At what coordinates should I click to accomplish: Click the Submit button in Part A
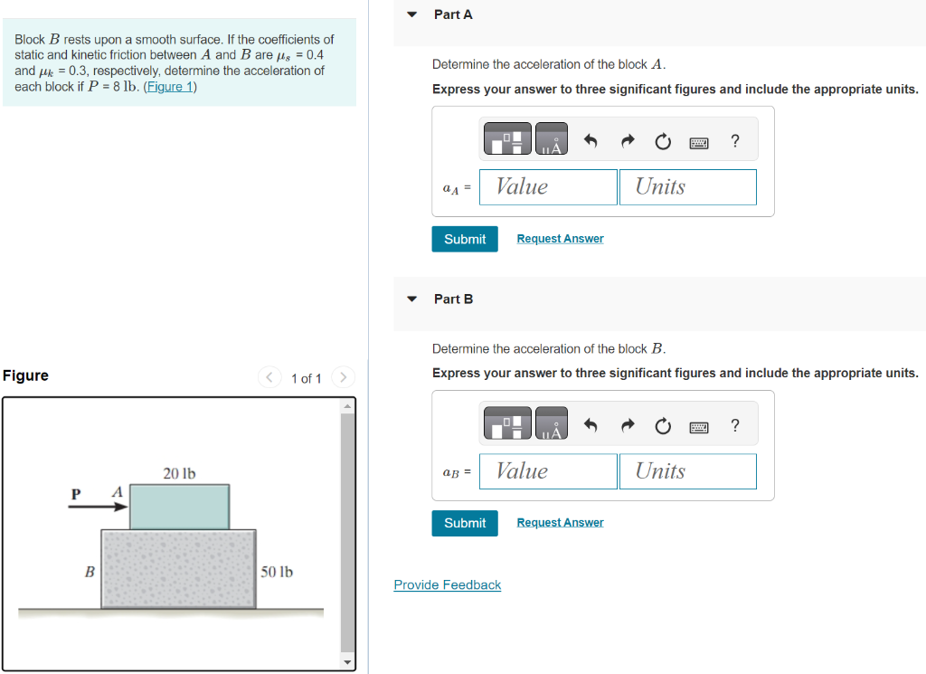point(465,239)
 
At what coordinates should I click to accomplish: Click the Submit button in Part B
point(465,523)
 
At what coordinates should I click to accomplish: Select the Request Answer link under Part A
point(560,239)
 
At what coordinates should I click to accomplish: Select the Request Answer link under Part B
point(560,523)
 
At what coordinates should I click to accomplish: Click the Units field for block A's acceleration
point(687,187)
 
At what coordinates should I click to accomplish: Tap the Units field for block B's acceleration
point(687,471)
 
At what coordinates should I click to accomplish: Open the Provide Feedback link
point(447,585)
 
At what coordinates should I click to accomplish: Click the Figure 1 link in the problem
point(170,87)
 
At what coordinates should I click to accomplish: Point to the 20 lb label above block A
point(179,473)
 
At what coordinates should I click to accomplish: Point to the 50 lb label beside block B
point(277,572)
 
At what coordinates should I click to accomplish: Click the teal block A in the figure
point(179,507)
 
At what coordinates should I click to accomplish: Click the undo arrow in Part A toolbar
point(591,141)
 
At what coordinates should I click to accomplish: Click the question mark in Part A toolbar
point(734,141)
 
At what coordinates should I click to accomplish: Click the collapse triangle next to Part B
point(412,299)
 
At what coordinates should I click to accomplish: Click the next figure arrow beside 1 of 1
point(344,377)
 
